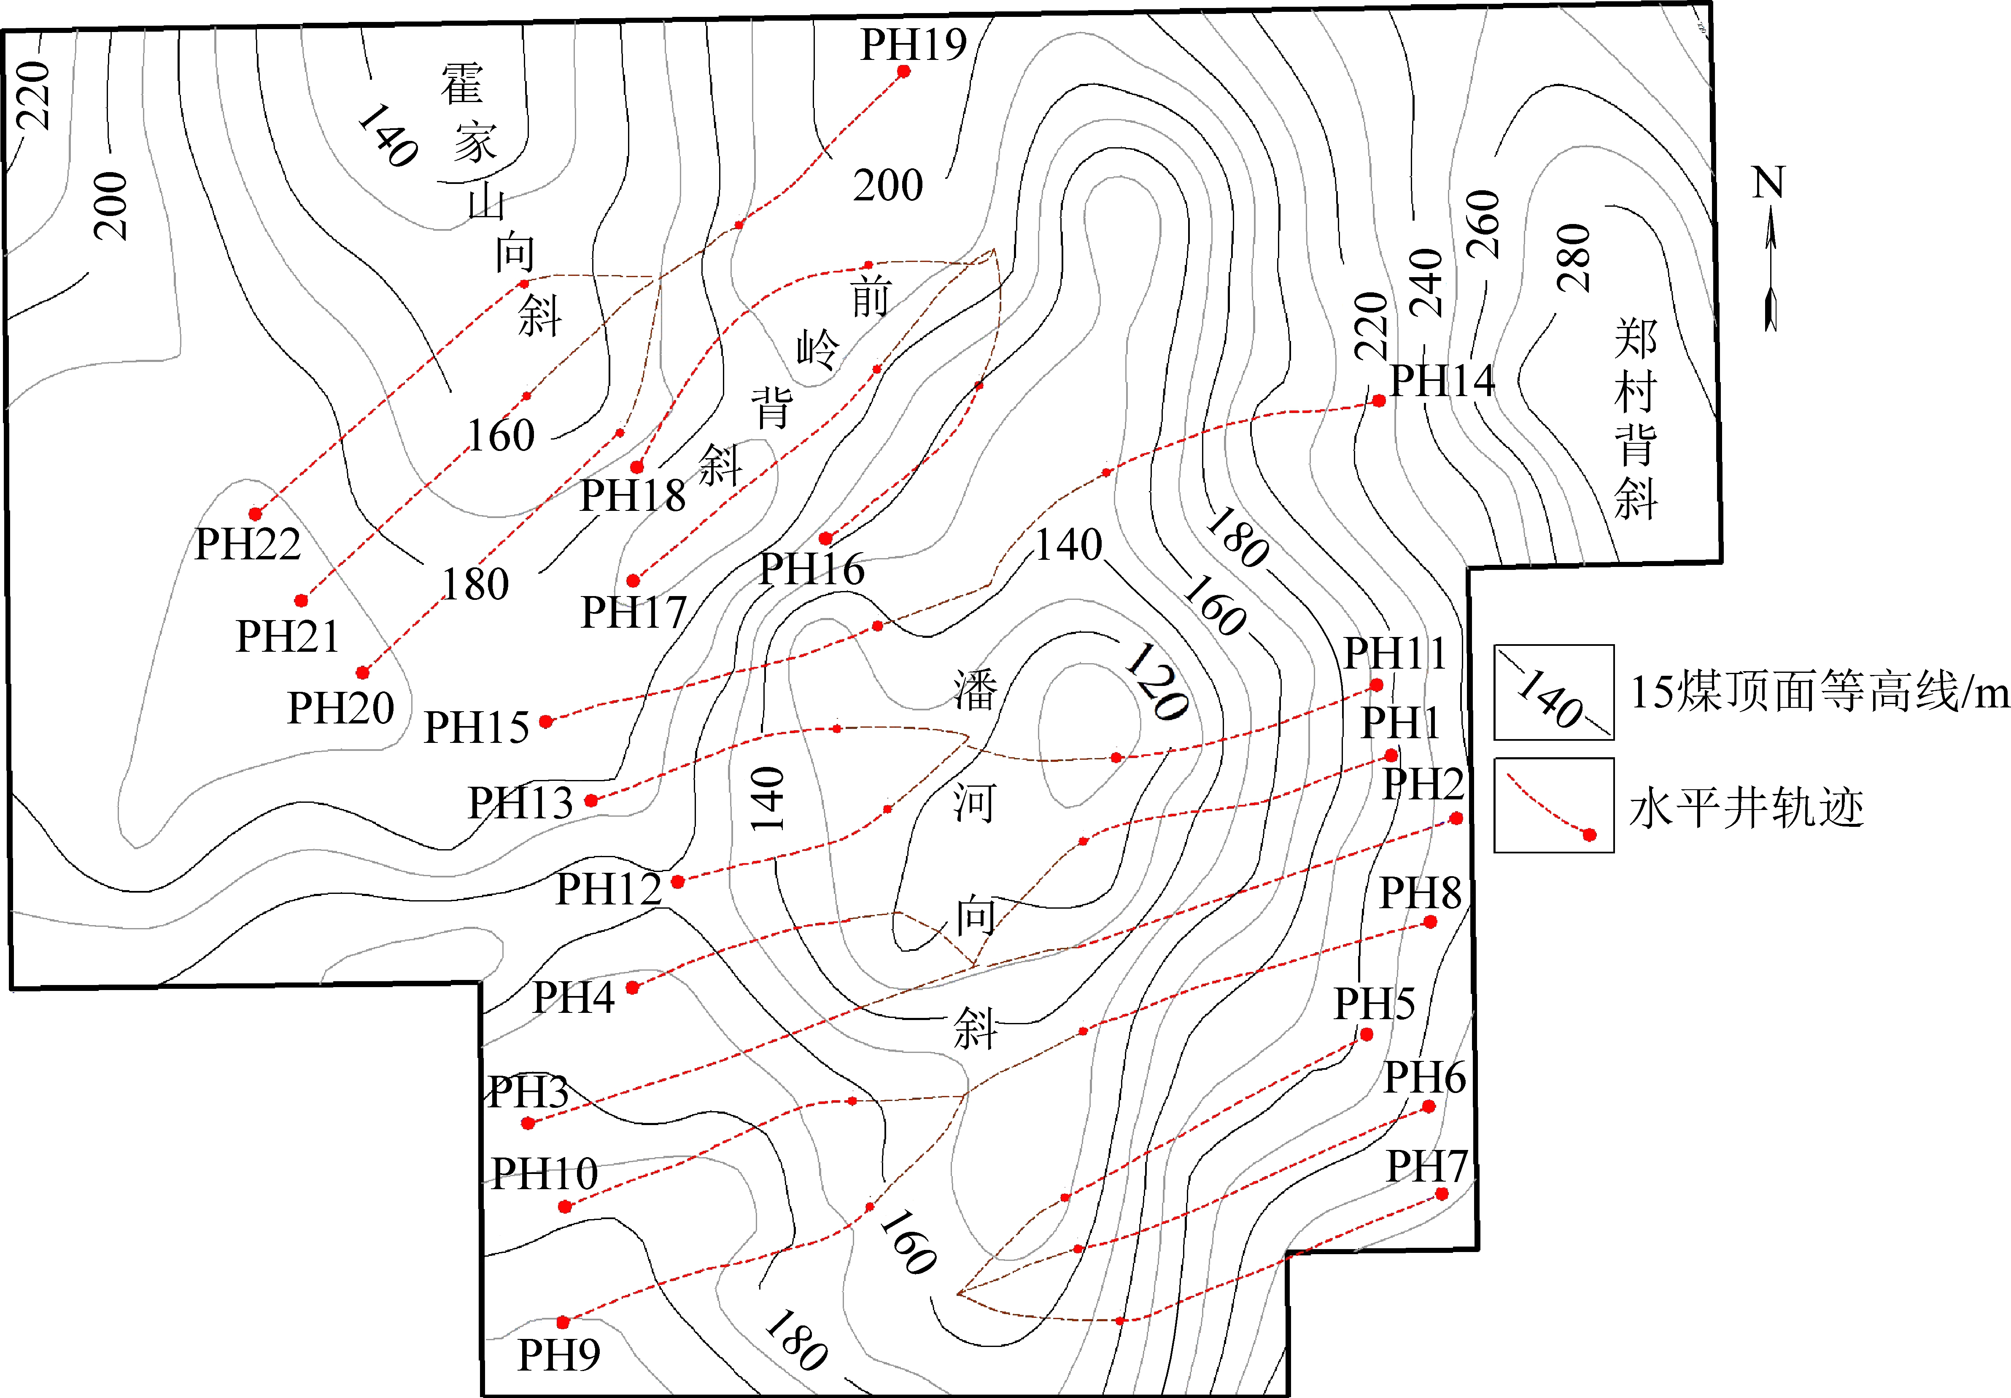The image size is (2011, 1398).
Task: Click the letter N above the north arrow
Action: coord(1768,183)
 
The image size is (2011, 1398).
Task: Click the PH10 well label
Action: coord(544,1174)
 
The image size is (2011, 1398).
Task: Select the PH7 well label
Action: coord(1426,1166)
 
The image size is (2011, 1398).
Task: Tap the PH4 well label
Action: coord(574,997)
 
